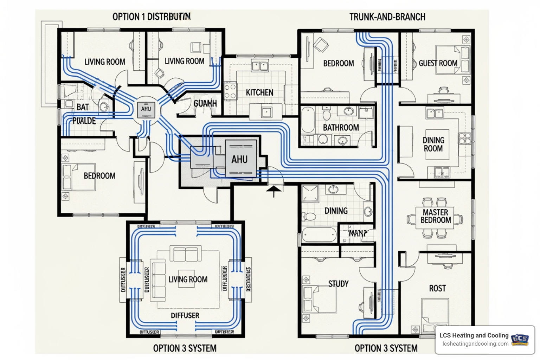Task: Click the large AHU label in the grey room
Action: click(239, 160)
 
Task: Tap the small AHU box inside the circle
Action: click(146, 109)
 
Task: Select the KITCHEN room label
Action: click(259, 92)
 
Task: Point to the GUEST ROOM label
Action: click(438, 63)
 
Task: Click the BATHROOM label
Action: click(341, 128)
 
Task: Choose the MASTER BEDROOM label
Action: click(436, 216)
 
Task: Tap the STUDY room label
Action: click(338, 284)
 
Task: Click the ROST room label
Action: click(437, 289)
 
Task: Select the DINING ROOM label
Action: click(433, 144)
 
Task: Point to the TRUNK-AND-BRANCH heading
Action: click(387, 17)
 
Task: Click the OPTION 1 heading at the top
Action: click(152, 17)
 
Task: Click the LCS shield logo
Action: click(520, 340)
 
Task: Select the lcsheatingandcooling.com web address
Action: click(475, 344)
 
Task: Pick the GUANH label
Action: click(205, 103)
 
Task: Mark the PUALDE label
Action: click(84, 121)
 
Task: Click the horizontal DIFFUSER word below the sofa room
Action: click(185, 315)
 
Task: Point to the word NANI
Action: click(358, 233)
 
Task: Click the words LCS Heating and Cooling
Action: click(474, 335)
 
